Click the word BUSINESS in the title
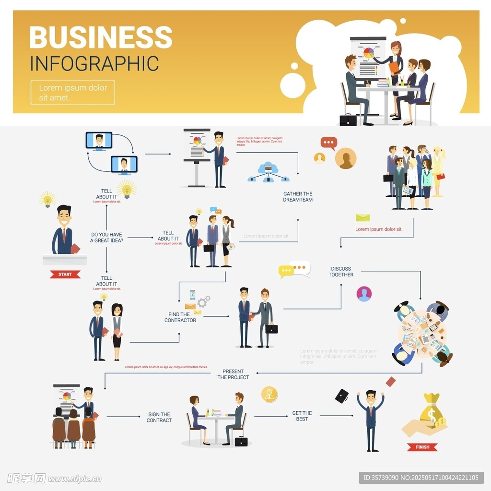point(101,37)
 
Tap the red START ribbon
point(65,275)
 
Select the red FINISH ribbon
point(422,447)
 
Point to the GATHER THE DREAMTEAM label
point(298,197)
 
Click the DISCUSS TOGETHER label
point(341,272)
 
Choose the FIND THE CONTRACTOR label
point(180,317)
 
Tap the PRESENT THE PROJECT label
point(233,374)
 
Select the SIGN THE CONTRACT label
point(159,417)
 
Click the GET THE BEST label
point(302,416)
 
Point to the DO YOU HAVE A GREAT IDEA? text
point(106,238)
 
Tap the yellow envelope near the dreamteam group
point(362,217)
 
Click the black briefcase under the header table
point(348,120)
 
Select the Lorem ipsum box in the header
point(73,92)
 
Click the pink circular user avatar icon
point(364,294)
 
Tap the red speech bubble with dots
point(328,143)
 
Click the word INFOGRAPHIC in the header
point(94,64)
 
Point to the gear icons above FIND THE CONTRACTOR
point(203,302)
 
